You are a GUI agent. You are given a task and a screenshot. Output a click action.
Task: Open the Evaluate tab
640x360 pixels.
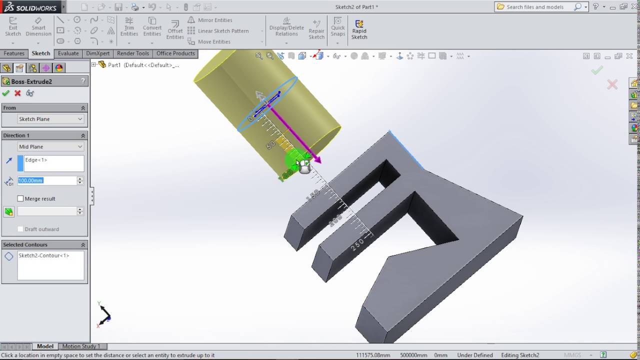point(68,53)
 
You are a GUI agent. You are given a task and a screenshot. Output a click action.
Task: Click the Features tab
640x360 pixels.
point(14,53)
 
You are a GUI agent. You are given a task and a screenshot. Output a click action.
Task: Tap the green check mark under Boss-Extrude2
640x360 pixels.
point(6,93)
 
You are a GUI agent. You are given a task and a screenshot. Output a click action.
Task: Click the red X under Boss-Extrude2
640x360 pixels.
point(17,93)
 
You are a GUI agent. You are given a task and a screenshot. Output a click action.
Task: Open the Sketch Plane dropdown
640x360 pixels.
point(50,119)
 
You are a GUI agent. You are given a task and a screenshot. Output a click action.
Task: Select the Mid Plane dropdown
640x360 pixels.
point(50,146)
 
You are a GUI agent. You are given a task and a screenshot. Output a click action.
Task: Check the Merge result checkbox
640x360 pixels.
point(20,198)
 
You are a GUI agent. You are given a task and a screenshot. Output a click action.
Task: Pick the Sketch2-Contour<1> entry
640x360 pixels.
point(44,255)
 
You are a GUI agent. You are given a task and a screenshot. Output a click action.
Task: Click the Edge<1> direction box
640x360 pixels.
point(53,163)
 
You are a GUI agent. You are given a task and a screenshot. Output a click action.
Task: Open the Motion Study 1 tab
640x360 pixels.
point(81,346)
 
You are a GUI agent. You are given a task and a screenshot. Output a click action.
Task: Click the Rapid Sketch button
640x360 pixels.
point(359,29)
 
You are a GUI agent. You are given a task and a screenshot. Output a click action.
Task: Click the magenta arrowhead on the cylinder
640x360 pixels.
point(316,159)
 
